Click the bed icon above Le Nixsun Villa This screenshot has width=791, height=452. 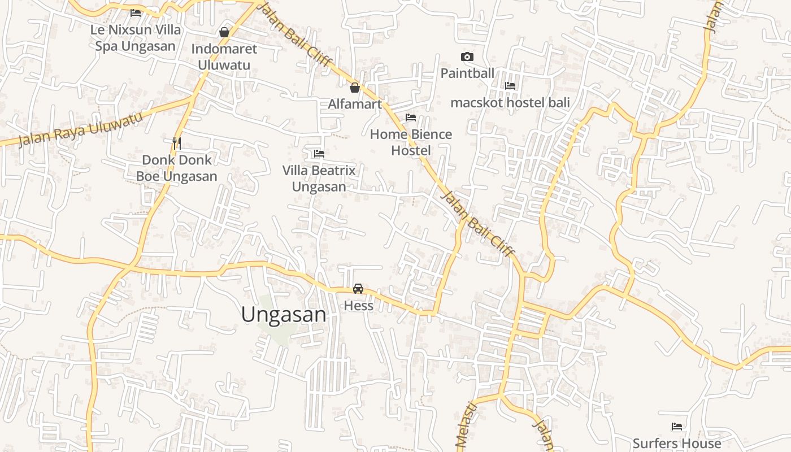[x=136, y=12]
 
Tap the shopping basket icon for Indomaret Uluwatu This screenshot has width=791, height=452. [x=224, y=32]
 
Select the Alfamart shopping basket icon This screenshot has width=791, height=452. [x=355, y=88]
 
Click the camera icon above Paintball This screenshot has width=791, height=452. [x=467, y=56]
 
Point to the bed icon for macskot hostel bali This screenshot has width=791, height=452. [x=510, y=86]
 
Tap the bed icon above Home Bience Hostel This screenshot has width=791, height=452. [x=411, y=118]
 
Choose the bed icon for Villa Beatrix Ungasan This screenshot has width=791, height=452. [x=319, y=153]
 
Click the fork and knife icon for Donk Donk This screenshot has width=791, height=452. [x=177, y=143]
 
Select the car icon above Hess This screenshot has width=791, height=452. [x=358, y=289]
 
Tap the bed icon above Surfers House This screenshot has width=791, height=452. [x=677, y=426]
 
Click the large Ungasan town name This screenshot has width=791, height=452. [x=284, y=315]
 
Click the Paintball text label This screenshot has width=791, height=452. [x=467, y=73]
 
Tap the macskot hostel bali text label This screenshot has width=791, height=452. [x=510, y=102]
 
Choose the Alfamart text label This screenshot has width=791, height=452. [x=355, y=104]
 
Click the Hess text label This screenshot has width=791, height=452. [x=359, y=306]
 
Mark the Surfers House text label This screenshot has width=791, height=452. [x=677, y=444]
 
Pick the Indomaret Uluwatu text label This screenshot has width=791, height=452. [x=224, y=56]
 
